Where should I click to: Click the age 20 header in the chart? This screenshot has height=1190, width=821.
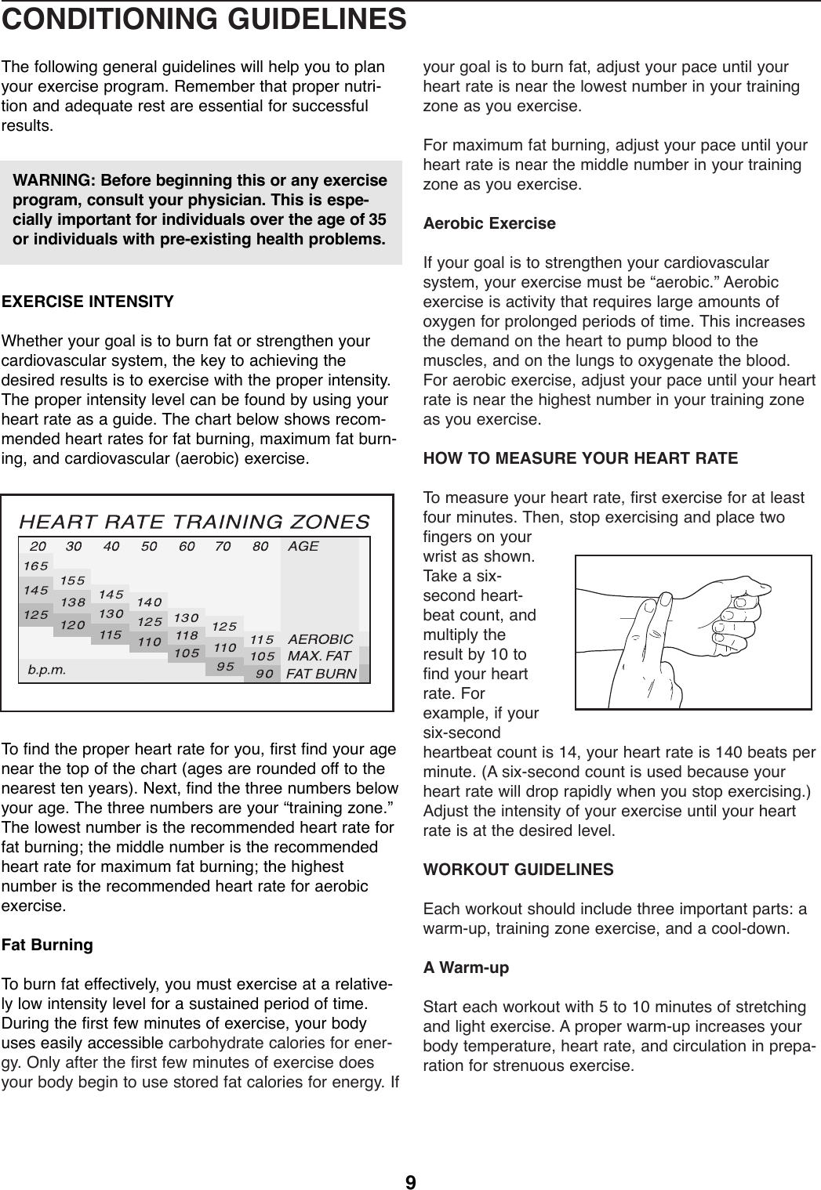[x=38, y=546]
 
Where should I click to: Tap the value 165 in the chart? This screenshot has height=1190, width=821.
[x=35, y=565]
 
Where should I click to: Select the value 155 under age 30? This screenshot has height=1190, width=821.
[x=73, y=581]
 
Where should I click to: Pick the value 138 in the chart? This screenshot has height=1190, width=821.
[x=73, y=603]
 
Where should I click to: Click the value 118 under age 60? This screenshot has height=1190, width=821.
[x=186, y=635]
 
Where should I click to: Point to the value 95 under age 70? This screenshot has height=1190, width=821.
[x=225, y=667]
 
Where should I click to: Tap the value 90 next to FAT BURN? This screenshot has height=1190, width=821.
[x=264, y=673]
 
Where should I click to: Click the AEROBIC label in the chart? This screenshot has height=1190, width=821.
[x=320, y=639]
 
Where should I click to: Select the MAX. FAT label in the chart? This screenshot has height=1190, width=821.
[x=319, y=655]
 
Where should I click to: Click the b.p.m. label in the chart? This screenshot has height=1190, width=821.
[x=46, y=670]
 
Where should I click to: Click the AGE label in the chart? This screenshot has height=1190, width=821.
[x=303, y=546]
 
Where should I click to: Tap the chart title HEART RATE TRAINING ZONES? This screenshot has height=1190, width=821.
[x=194, y=521]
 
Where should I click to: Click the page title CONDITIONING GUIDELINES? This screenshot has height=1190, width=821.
[x=203, y=19]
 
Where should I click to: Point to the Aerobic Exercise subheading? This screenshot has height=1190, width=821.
[x=489, y=223]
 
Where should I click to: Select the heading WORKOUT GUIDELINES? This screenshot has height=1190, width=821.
[x=518, y=870]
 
